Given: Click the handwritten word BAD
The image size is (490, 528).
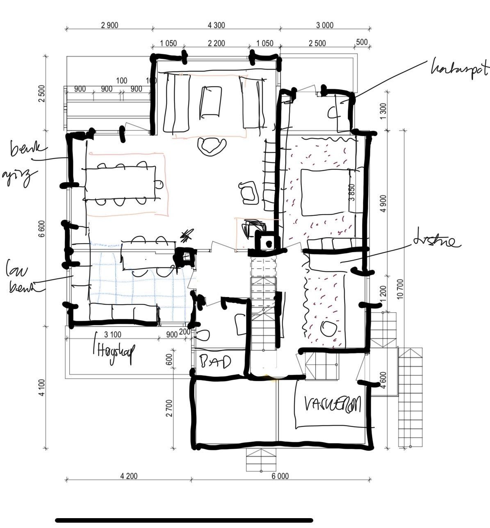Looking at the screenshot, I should point(215,362).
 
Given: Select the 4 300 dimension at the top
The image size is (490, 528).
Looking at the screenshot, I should point(217,25).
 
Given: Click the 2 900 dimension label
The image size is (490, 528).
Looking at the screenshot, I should point(109,25).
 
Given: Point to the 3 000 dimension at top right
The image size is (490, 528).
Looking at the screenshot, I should point(325,25).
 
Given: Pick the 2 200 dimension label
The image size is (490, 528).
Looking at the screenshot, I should point(217,43).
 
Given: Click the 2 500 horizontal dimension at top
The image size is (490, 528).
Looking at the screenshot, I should point(317,43).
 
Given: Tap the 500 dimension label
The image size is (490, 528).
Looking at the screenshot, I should point(362,42).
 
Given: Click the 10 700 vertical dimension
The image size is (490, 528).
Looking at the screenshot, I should point(401,289).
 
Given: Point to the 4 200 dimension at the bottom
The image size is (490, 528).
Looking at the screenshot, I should point(129,476).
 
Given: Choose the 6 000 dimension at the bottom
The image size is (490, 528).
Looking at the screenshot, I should point(280,476).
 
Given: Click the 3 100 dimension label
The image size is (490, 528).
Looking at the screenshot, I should point(112,335).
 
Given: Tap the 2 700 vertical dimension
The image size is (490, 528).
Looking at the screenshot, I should point(169,408).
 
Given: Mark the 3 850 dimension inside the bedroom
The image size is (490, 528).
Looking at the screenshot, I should point(352,192).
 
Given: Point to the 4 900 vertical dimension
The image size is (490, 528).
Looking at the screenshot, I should point(383,203).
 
